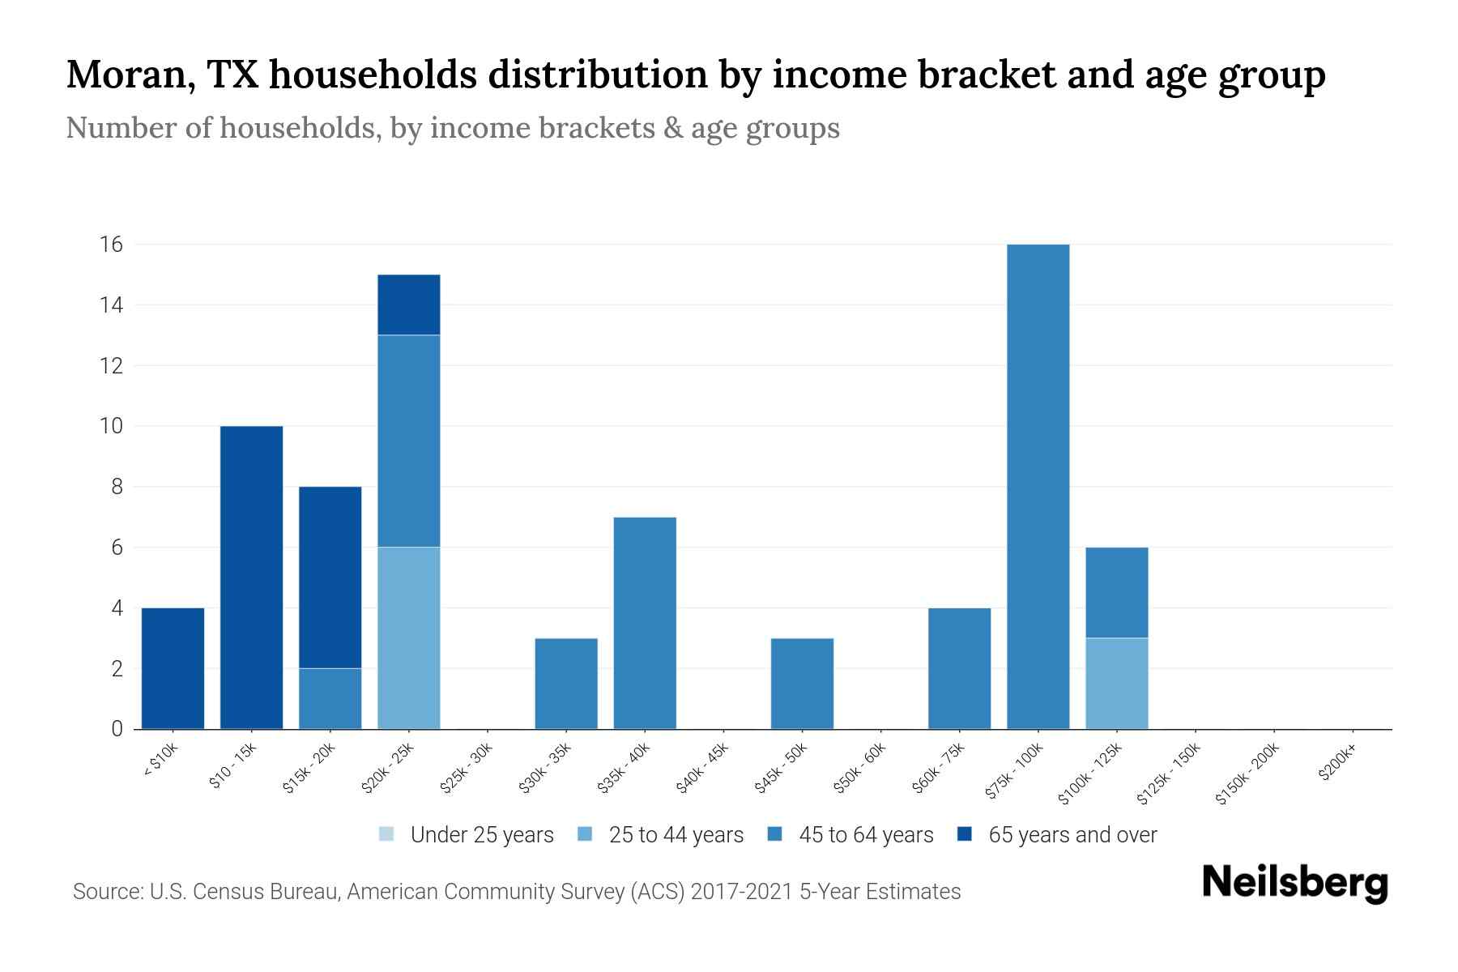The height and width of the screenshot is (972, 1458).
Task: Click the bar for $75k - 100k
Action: pos(1038,486)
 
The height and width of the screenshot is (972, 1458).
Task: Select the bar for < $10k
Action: pos(173,668)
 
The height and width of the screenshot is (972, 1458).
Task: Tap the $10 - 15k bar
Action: pos(251,578)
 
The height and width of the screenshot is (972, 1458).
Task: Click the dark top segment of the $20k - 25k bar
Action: pos(409,305)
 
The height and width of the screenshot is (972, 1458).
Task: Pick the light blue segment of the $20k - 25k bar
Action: pos(409,638)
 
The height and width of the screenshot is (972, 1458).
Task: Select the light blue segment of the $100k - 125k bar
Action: pos(1116,684)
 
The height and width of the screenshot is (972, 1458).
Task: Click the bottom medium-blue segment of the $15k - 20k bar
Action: pos(330,698)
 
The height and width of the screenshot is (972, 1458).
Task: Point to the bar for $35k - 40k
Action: pos(645,623)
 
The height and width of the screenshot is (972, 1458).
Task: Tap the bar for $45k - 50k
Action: pos(802,684)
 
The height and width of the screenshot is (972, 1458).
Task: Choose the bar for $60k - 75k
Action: pos(959,668)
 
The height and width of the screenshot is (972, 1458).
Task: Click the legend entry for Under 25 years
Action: pos(467,834)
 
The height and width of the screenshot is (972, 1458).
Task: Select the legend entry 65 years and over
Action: pos(1057,834)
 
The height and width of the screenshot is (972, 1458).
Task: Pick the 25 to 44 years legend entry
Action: pos(661,834)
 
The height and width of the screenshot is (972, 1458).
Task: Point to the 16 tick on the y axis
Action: pos(111,245)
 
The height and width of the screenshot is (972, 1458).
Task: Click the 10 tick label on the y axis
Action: pos(111,426)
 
